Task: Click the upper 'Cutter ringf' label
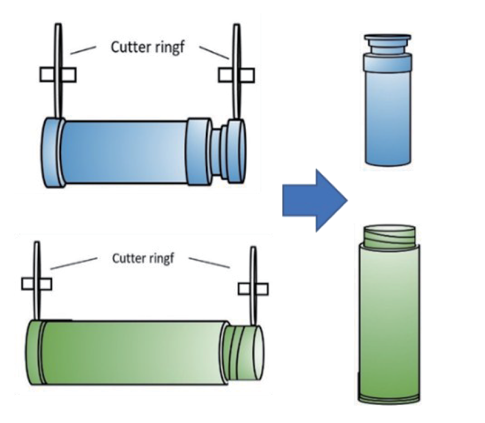[x=149, y=46]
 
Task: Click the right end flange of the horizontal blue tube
[x=235, y=152]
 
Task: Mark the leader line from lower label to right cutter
[x=209, y=263]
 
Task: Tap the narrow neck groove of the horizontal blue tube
[x=216, y=152]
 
